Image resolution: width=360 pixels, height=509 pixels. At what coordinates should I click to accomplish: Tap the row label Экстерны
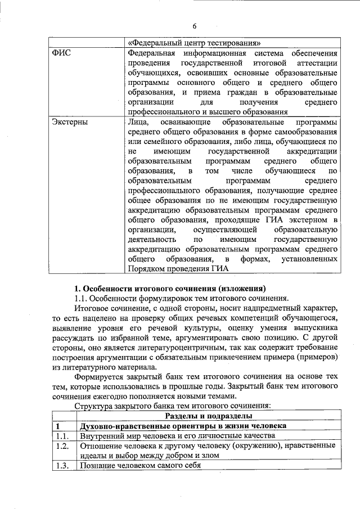tap(66, 121)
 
